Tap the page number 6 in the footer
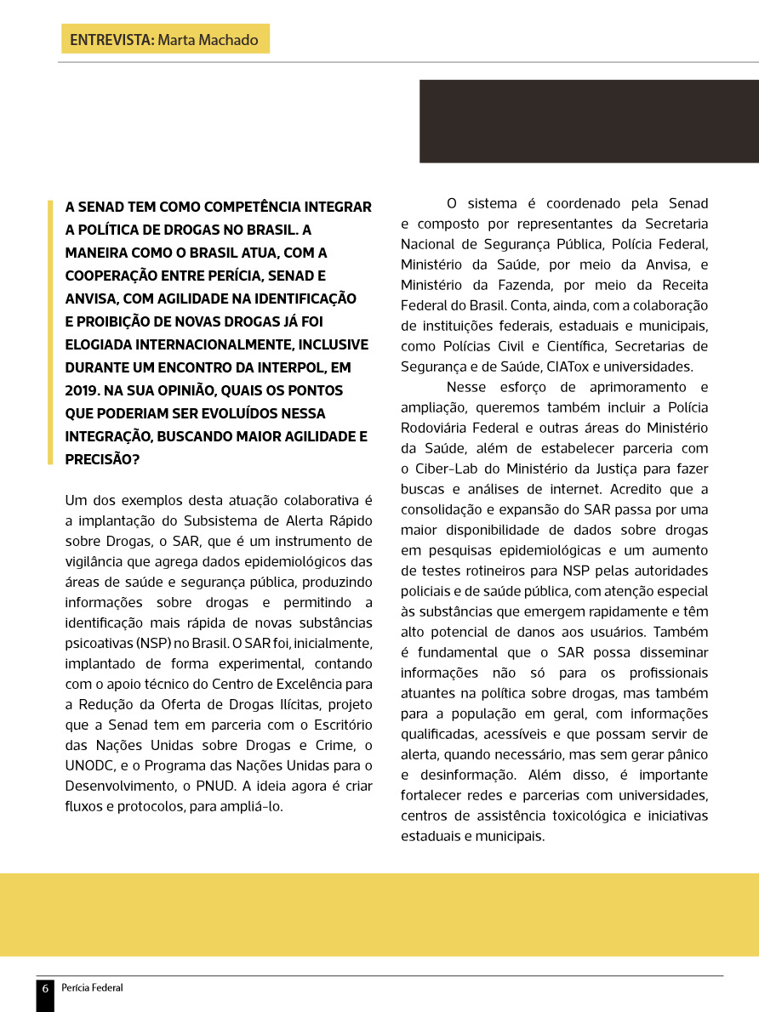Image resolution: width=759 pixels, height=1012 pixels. (45, 988)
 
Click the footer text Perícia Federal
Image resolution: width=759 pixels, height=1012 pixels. (92, 988)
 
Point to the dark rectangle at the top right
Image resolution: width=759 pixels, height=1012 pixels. (589, 121)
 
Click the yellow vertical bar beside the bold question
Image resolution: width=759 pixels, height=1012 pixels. (50, 333)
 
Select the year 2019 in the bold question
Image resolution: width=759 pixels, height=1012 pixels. (82, 390)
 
